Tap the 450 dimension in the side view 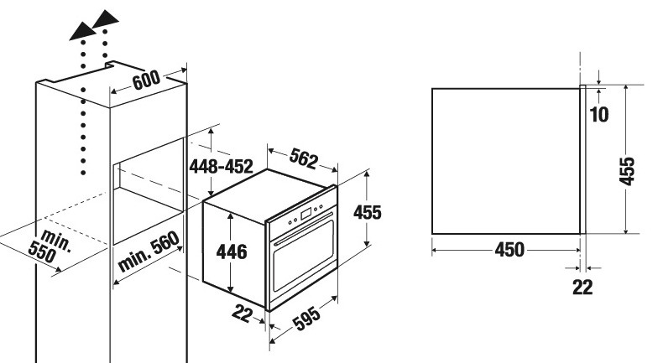509,250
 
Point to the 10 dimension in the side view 598,113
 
